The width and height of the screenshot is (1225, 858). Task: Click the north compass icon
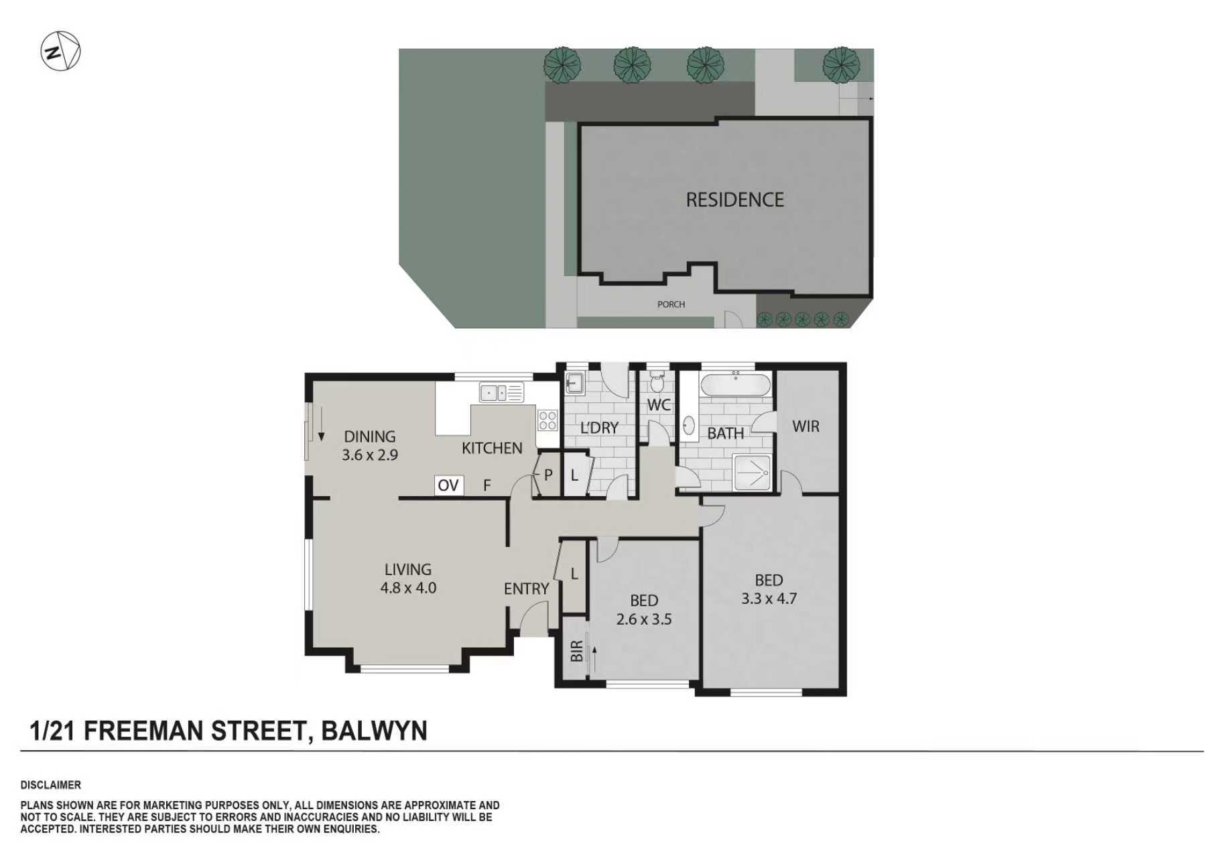point(60,51)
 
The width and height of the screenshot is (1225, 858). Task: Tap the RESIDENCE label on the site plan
point(734,200)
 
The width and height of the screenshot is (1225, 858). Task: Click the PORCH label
point(671,304)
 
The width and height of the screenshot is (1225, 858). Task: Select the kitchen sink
point(501,392)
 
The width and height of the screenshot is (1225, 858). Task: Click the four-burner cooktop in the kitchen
point(547,421)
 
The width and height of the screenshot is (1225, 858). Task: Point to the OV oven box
point(448,485)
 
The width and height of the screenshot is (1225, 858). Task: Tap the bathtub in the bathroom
point(735,386)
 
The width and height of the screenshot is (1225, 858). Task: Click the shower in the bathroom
point(752,473)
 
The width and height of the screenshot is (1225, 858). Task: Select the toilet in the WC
point(657,384)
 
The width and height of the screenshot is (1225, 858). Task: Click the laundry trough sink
point(574,383)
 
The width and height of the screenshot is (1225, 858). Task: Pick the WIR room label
point(805,426)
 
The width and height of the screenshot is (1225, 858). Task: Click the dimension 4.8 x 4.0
point(408,588)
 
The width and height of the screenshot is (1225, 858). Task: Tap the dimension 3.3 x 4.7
point(769,599)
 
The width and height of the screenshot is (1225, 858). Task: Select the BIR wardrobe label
point(576,652)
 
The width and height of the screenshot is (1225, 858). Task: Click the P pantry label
point(548,475)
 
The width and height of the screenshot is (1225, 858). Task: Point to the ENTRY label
point(526,589)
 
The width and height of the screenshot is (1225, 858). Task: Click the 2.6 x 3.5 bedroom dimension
point(643,619)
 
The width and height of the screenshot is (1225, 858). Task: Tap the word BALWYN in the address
point(374,731)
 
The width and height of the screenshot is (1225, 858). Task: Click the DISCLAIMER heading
point(51,785)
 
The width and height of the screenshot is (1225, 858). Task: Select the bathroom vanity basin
point(688,426)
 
